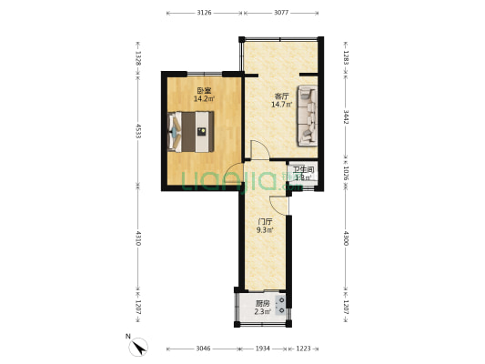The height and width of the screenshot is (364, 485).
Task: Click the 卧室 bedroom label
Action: (204, 90)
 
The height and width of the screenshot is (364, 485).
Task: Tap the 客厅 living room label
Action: (281, 96)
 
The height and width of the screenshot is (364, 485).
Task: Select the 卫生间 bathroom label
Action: (303, 169)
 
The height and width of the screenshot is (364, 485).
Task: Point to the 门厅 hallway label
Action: (266, 221)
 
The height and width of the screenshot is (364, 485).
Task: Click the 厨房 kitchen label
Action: (262, 304)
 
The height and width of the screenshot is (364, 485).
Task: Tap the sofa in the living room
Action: (308, 115)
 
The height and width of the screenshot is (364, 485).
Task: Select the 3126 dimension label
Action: (204, 13)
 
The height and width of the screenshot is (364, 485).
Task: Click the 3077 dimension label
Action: (280, 13)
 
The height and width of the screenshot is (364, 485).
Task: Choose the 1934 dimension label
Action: (262, 349)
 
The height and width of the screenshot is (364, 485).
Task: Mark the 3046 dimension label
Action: (202, 349)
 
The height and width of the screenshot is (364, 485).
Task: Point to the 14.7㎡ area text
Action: (281, 105)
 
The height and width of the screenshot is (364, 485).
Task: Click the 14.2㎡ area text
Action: (204, 99)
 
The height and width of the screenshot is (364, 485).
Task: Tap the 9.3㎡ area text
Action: (266, 230)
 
